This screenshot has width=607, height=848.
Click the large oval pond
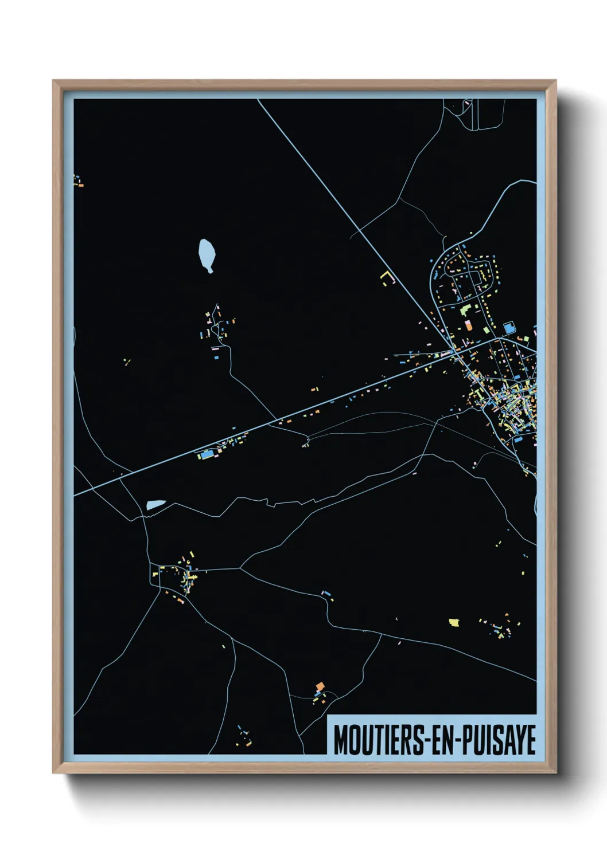point(207,254)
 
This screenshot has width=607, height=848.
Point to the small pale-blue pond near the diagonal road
point(155,505)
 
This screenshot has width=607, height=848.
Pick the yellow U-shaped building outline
point(388,278)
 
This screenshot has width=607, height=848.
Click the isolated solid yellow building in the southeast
point(454,622)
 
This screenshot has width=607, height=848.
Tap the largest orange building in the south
point(320,686)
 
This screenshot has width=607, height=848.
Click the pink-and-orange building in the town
point(468,325)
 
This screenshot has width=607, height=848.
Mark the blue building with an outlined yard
point(508,328)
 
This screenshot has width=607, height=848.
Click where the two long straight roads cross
point(455,350)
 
